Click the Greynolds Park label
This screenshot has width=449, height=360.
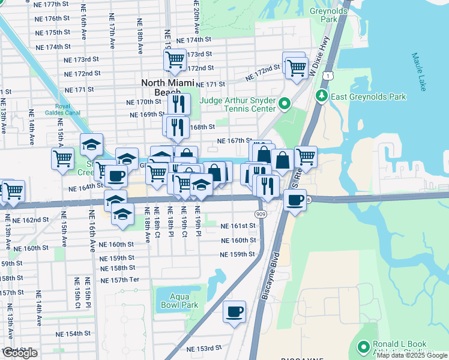click(328, 15)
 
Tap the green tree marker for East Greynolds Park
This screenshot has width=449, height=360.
click(322, 96)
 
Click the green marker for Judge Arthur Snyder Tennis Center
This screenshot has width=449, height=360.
click(285, 105)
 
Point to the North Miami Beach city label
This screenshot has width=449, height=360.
click(167, 88)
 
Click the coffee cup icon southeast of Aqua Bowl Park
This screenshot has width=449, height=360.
click(234, 311)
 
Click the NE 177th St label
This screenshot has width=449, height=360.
click(53, 4)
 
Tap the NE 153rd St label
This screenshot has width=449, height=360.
click(204, 348)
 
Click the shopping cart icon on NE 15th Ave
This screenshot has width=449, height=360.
click(62, 159)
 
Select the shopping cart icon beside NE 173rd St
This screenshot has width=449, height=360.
click(174, 59)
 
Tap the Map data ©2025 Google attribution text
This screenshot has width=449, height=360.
click(412, 355)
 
